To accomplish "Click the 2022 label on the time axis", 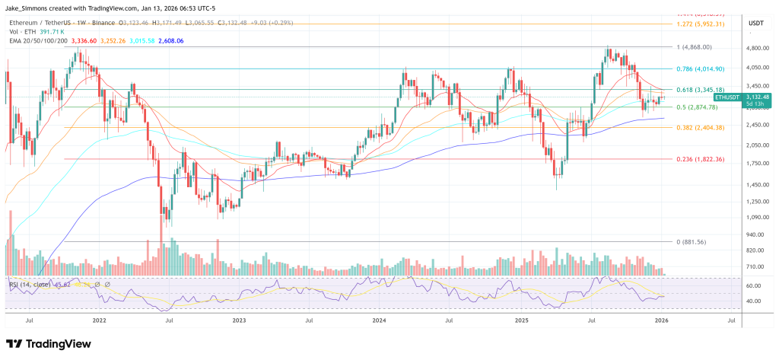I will (100, 321).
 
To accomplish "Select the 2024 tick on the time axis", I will (379, 321).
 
